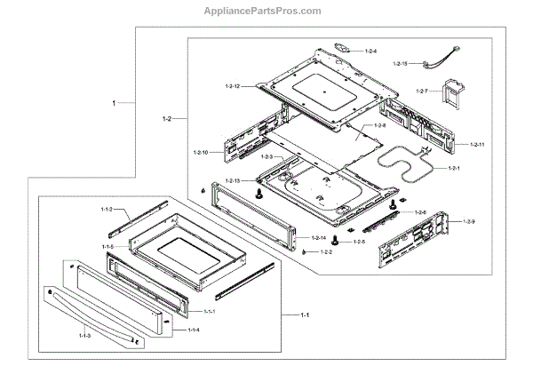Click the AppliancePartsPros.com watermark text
coord(266,11)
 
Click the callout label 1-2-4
coord(370,52)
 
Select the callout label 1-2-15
coord(399,64)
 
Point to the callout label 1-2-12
coord(233,85)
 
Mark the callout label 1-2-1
coord(454,168)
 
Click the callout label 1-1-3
coord(84,336)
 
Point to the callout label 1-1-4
coord(192,330)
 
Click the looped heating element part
coord(403,165)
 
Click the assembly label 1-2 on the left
coord(167,117)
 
